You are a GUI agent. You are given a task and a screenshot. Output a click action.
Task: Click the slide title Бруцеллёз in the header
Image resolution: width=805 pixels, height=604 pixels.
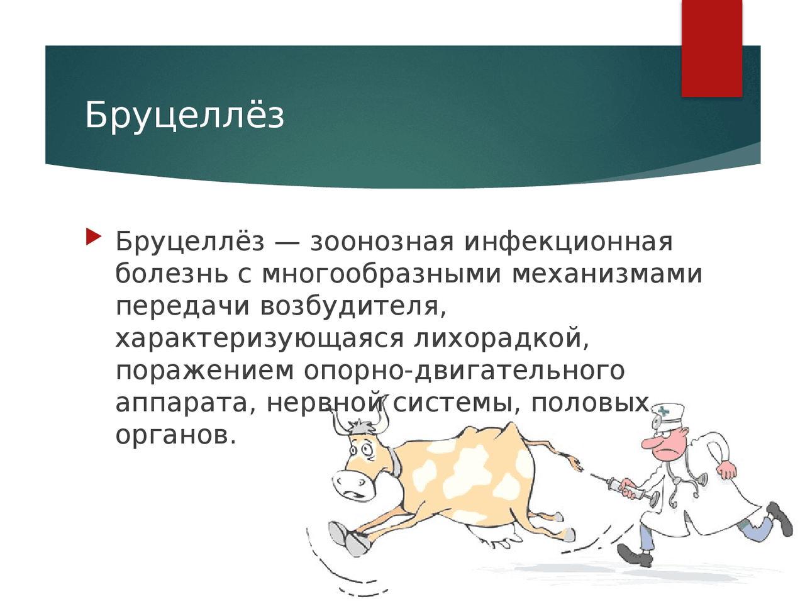[185, 115]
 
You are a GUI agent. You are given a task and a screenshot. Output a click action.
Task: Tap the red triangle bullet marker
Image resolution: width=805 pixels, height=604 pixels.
[94, 237]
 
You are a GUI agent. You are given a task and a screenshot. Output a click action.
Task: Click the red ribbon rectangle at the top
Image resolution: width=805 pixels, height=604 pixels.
[712, 48]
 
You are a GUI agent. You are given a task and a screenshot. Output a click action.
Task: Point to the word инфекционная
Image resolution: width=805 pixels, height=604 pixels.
[569, 243]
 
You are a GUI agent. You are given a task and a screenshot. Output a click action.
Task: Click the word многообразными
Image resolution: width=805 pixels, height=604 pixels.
[381, 275]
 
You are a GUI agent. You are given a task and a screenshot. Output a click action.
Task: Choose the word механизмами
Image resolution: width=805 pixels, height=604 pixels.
[607, 274]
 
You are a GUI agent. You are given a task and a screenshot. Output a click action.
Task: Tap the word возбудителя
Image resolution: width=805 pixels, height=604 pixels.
[353, 306]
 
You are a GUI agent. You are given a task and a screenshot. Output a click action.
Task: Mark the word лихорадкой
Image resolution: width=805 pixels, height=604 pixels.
[501, 338]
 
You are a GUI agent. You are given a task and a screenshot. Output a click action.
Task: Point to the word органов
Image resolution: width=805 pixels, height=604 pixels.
[176, 435]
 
